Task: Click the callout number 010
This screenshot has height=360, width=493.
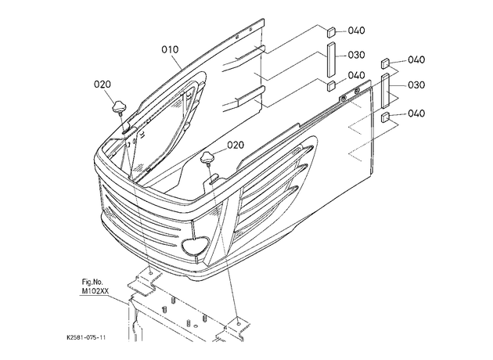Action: (170, 49)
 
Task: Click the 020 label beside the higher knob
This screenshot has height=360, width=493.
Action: (103, 85)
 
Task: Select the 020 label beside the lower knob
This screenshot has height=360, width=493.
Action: (236, 145)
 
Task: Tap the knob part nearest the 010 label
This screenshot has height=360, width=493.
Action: (118, 107)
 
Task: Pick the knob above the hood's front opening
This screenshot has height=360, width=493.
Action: (207, 157)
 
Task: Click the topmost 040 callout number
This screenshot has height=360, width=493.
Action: (357, 31)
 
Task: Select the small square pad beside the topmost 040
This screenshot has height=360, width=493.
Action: (331, 32)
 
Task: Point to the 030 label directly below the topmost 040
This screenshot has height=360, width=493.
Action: (357, 55)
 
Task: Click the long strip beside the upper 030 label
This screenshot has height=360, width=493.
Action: (331, 60)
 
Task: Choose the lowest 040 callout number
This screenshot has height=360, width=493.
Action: (416, 113)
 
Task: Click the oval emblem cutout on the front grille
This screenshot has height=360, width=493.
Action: (196, 245)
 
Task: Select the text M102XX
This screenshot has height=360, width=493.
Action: (95, 291)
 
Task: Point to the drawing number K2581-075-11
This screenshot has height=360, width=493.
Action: (86, 337)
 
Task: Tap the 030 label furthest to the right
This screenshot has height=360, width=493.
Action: (416, 85)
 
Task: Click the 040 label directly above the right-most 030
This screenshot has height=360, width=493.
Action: (416, 59)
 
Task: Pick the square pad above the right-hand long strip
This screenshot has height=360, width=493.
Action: (385, 63)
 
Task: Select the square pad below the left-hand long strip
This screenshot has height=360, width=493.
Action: (331, 86)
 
